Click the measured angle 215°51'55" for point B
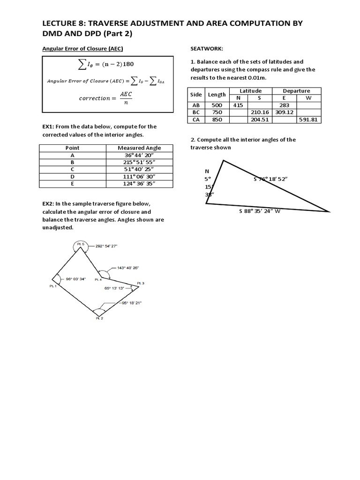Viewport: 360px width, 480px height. coord(140,162)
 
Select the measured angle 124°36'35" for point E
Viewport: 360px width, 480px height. coord(140,183)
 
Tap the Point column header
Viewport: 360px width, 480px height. coord(72,148)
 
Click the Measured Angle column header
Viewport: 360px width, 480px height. coord(140,148)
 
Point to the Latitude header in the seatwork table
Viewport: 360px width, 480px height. coord(250,91)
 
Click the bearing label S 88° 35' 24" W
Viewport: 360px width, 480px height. coord(260,211)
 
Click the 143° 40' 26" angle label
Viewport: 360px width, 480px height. coord(125,268)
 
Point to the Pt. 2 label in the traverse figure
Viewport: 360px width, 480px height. coord(99,319)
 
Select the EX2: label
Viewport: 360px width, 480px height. coord(47,204)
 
